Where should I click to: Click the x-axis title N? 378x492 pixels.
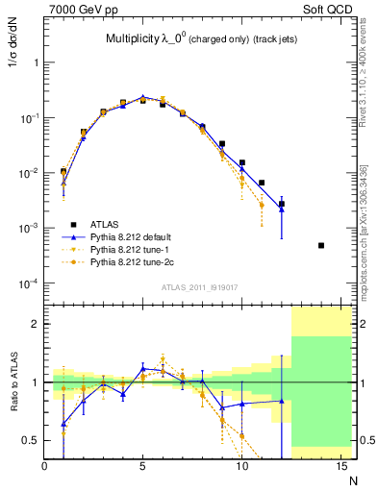[354, 480]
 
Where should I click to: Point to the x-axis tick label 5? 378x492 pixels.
[143, 465]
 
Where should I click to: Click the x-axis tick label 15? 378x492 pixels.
[340, 465]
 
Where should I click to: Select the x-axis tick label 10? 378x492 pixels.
[241, 465]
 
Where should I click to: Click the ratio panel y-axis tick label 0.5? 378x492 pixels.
[31, 441]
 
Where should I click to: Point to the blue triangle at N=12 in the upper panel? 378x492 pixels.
[282, 208]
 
